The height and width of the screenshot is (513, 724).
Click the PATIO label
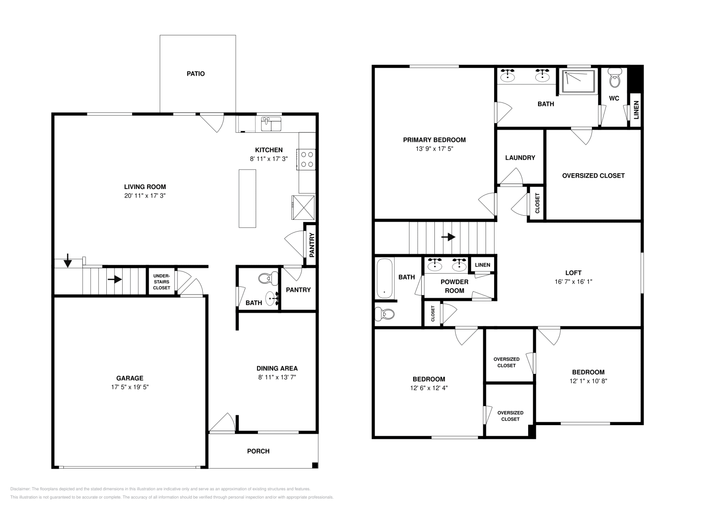click(195, 73)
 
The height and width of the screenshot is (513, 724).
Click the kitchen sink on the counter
click(271, 124)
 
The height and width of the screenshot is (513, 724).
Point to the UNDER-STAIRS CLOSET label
click(162, 282)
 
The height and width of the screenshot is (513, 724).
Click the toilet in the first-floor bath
click(268, 277)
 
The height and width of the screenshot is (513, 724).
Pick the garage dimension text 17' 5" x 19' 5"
click(130, 387)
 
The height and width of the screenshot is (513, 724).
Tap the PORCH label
click(258, 451)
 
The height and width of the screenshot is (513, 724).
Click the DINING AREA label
click(277, 368)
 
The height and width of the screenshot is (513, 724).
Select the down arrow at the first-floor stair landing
click(68, 261)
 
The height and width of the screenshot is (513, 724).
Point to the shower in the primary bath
click(578, 82)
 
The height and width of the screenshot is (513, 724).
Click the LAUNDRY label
click(520, 158)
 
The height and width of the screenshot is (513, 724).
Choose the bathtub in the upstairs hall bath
click(385, 278)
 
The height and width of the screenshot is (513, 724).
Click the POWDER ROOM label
click(454, 286)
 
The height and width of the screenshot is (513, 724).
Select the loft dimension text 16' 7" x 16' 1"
click(573, 281)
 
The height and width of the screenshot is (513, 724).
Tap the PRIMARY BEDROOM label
click(434, 140)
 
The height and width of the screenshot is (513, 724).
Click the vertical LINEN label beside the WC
click(636, 110)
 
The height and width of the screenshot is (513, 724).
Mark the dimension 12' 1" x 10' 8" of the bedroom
click(588, 381)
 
